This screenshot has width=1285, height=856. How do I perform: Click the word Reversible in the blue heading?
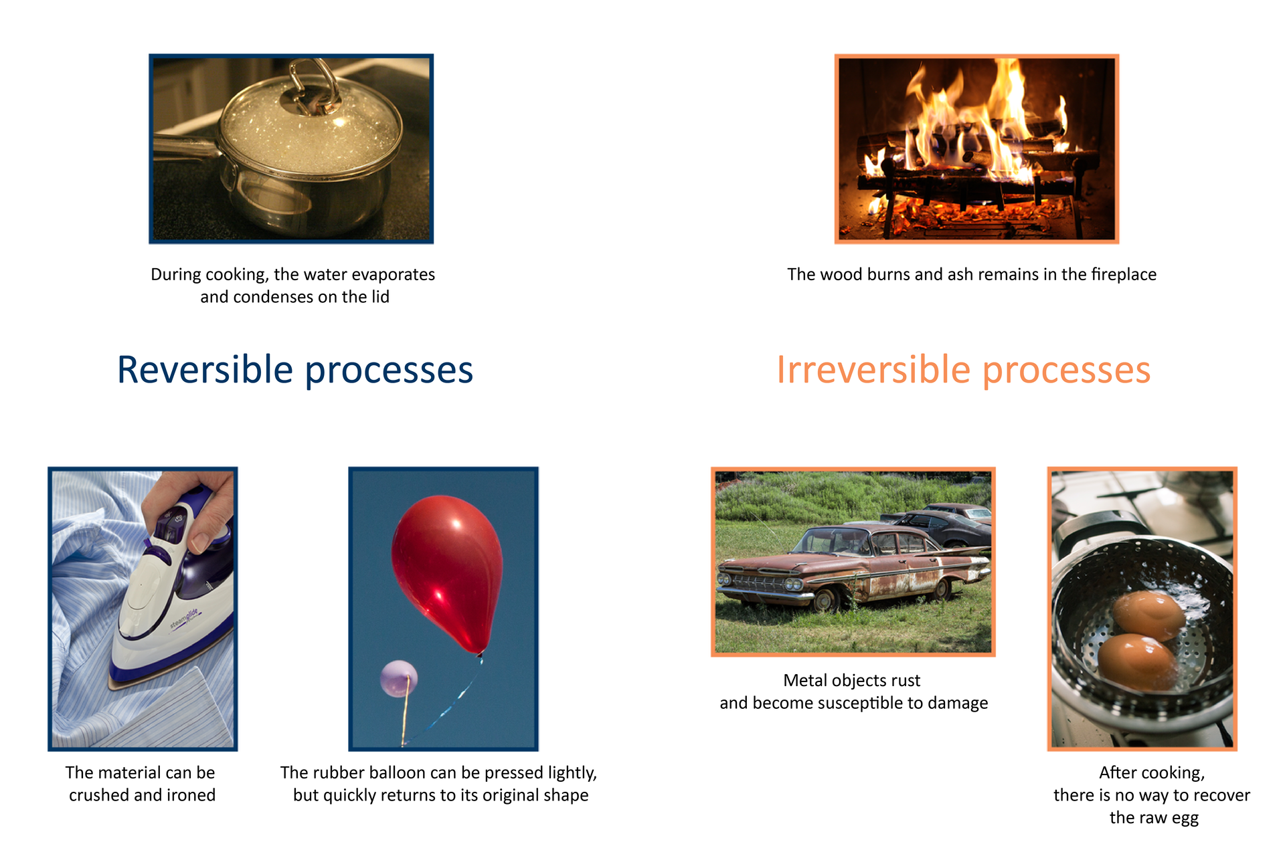point(205,370)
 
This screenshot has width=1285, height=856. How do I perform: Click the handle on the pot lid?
point(313,84)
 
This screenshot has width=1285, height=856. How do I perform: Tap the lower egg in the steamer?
point(1135,662)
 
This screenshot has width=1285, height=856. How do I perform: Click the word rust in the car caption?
point(905,681)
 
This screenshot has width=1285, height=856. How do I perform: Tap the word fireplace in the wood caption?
point(1123,275)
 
